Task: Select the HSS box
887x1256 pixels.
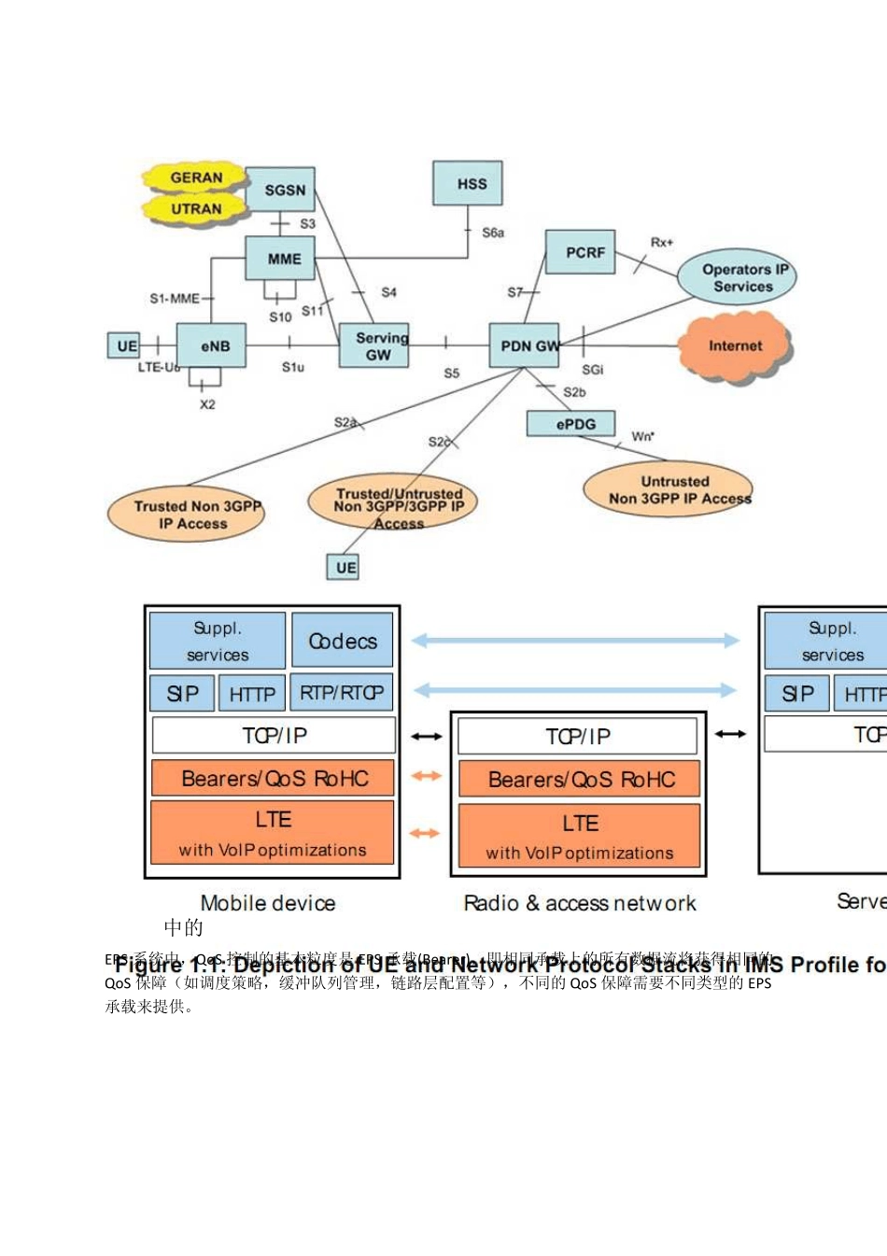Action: pyautogui.click(x=468, y=183)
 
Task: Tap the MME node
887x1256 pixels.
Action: pyautogui.click(x=280, y=258)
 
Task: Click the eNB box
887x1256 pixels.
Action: pyautogui.click(x=212, y=346)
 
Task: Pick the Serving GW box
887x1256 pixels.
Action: pyautogui.click(x=374, y=346)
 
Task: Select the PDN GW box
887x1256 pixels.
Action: pyautogui.click(x=524, y=346)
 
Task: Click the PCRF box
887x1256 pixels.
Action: pyautogui.click(x=580, y=252)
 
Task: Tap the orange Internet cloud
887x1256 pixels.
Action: pyautogui.click(x=735, y=346)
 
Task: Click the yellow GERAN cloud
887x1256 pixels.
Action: pyautogui.click(x=195, y=177)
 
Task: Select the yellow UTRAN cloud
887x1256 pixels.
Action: pyautogui.click(x=195, y=208)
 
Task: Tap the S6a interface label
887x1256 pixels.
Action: pyautogui.click(x=493, y=233)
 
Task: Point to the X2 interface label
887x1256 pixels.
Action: pyautogui.click(x=207, y=404)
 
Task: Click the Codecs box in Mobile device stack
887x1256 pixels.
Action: pyautogui.click(x=343, y=641)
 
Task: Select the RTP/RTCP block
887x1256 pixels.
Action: pyautogui.click(x=342, y=693)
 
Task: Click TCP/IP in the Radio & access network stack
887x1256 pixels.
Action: pyautogui.click(x=578, y=736)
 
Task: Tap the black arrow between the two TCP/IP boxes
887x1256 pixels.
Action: pyautogui.click(x=427, y=736)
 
